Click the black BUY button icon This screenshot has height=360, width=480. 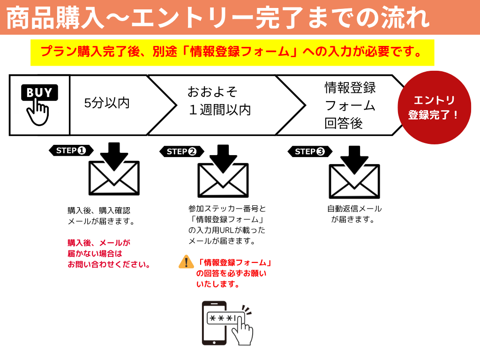click(x=39, y=92)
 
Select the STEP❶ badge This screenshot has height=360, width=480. click(x=71, y=150)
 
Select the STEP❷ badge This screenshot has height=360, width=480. click(x=181, y=151)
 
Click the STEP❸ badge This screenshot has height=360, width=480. click(x=309, y=151)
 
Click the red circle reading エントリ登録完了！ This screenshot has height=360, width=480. click(x=434, y=107)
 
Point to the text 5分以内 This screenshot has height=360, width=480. click(x=107, y=103)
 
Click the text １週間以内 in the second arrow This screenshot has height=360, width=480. click(x=219, y=110)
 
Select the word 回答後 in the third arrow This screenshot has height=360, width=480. click(x=344, y=123)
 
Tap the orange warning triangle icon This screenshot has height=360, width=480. click(x=186, y=262)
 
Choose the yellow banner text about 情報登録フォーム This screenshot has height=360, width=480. click(x=232, y=52)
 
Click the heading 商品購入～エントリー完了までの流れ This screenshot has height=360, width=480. click(x=218, y=18)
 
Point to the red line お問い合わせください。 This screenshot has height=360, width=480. click(x=109, y=264)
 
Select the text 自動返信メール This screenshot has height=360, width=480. click(x=354, y=209)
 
